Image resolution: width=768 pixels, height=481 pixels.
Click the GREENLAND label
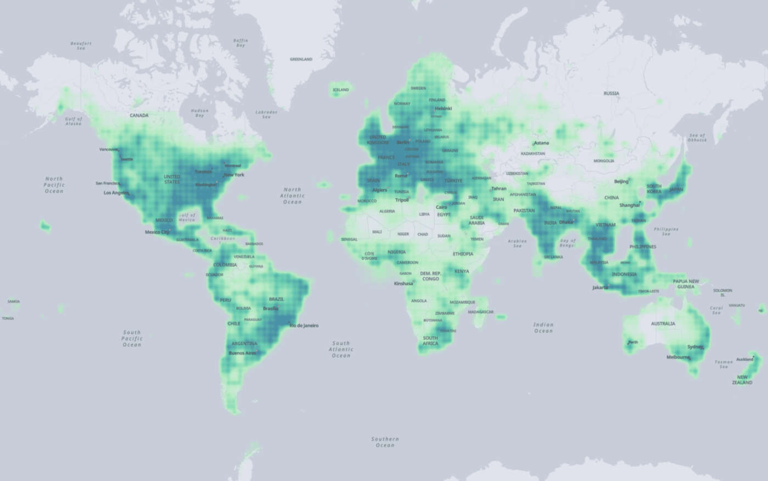click(x=301, y=59)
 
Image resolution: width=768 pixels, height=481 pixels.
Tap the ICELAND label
click(x=341, y=89)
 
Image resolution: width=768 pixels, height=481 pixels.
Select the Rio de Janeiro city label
click(x=304, y=326)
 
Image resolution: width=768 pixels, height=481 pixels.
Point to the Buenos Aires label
click(x=242, y=353)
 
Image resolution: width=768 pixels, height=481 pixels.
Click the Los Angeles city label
click(x=116, y=193)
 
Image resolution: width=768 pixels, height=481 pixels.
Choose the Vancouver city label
click(x=109, y=150)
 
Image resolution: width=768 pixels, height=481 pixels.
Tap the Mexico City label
click(x=157, y=232)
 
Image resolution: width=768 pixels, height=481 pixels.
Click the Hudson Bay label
click(x=200, y=113)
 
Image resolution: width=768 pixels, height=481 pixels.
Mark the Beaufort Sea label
click(x=81, y=46)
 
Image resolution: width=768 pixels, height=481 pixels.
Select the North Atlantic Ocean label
click(x=292, y=196)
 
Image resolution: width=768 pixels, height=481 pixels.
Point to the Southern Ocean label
click(x=385, y=442)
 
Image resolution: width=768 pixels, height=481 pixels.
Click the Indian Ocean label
click(x=543, y=327)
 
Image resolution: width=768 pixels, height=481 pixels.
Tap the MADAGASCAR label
click(x=481, y=312)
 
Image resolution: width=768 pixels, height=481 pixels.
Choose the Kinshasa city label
click(x=404, y=284)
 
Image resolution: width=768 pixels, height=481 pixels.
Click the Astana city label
click(x=541, y=143)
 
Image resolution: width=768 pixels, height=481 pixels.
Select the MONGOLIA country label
click(x=604, y=161)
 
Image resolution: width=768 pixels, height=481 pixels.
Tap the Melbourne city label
click(x=678, y=357)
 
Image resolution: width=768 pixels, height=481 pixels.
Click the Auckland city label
click(x=744, y=359)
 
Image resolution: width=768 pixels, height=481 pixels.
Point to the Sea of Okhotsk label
click(x=697, y=137)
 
